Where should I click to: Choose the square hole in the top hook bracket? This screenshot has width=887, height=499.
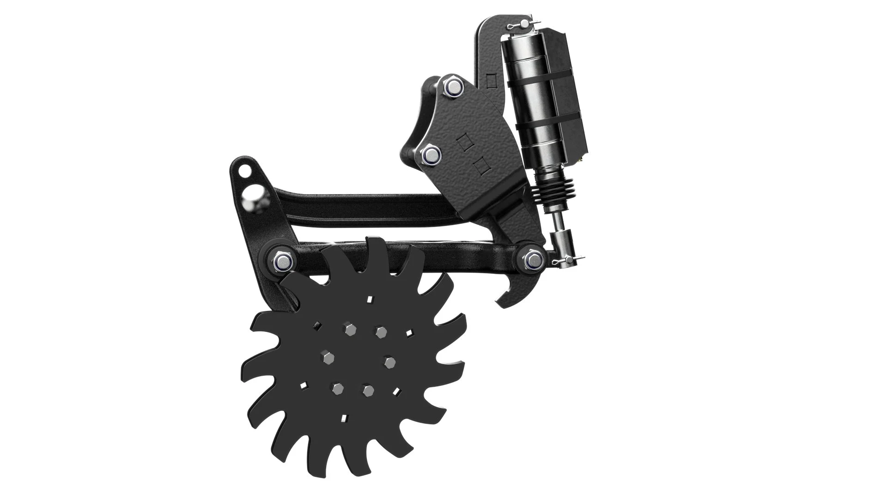click(x=491, y=81)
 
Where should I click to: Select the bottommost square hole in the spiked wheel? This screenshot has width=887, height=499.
click(x=343, y=419)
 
